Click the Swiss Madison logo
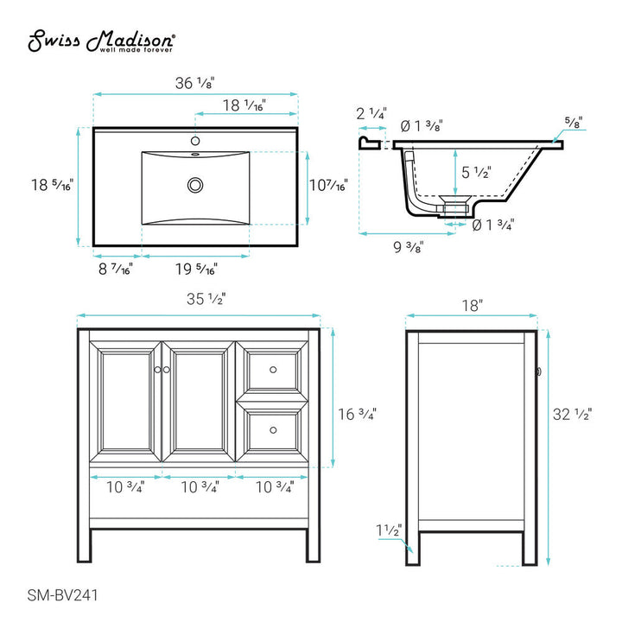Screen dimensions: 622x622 (x=103, y=41)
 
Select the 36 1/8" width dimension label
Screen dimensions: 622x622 (x=194, y=83)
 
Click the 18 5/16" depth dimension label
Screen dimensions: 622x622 (x=52, y=184)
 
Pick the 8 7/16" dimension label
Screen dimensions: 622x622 (x=114, y=270)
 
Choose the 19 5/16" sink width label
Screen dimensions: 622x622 (x=195, y=270)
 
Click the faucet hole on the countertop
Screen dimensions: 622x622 (x=195, y=140)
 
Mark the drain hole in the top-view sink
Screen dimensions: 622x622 (x=195, y=183)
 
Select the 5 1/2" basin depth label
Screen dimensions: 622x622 (x=477, y=172)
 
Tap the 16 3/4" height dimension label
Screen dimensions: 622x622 (x=355, y=415)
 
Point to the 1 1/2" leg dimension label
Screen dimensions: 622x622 (x=388, y=530)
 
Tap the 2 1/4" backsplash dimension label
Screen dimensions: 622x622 (x=371, y=114)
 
